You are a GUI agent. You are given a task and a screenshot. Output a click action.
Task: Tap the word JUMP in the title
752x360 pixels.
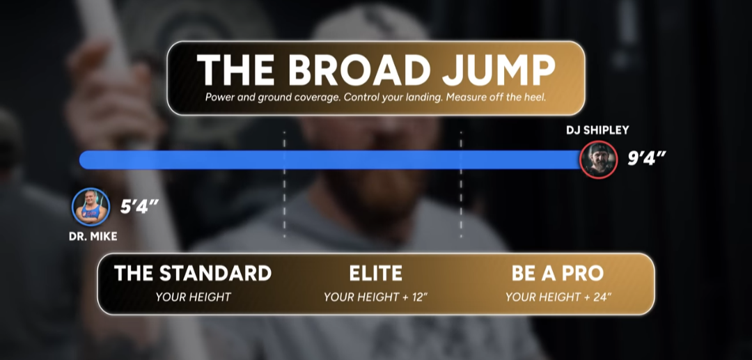499,70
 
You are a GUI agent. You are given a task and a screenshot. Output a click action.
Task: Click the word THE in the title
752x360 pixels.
235,70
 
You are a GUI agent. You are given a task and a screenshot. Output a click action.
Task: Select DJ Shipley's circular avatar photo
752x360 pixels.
598,159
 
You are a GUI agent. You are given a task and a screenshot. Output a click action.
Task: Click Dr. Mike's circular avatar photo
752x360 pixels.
91,207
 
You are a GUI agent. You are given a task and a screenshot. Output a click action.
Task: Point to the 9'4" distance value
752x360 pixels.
647,159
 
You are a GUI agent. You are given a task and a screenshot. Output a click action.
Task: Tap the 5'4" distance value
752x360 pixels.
139,207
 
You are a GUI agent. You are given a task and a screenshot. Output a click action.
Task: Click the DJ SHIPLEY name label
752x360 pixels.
597,130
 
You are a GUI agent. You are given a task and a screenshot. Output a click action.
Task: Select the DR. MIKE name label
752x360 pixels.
93,236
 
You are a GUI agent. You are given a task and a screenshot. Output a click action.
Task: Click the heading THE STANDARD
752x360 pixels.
193,273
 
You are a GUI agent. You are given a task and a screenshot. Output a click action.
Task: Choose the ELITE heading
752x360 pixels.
375,273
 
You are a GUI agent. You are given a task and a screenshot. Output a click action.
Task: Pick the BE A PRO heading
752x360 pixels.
558,273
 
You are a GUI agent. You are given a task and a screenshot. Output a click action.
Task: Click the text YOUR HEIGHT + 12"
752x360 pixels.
375,297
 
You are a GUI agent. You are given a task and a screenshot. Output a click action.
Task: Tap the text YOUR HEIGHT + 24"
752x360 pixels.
558,297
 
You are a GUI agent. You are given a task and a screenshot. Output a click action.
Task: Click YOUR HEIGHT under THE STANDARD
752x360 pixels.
194,297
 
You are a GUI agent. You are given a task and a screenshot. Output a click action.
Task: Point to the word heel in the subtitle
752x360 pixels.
535,97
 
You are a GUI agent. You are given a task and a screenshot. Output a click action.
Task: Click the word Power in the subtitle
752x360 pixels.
219,97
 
